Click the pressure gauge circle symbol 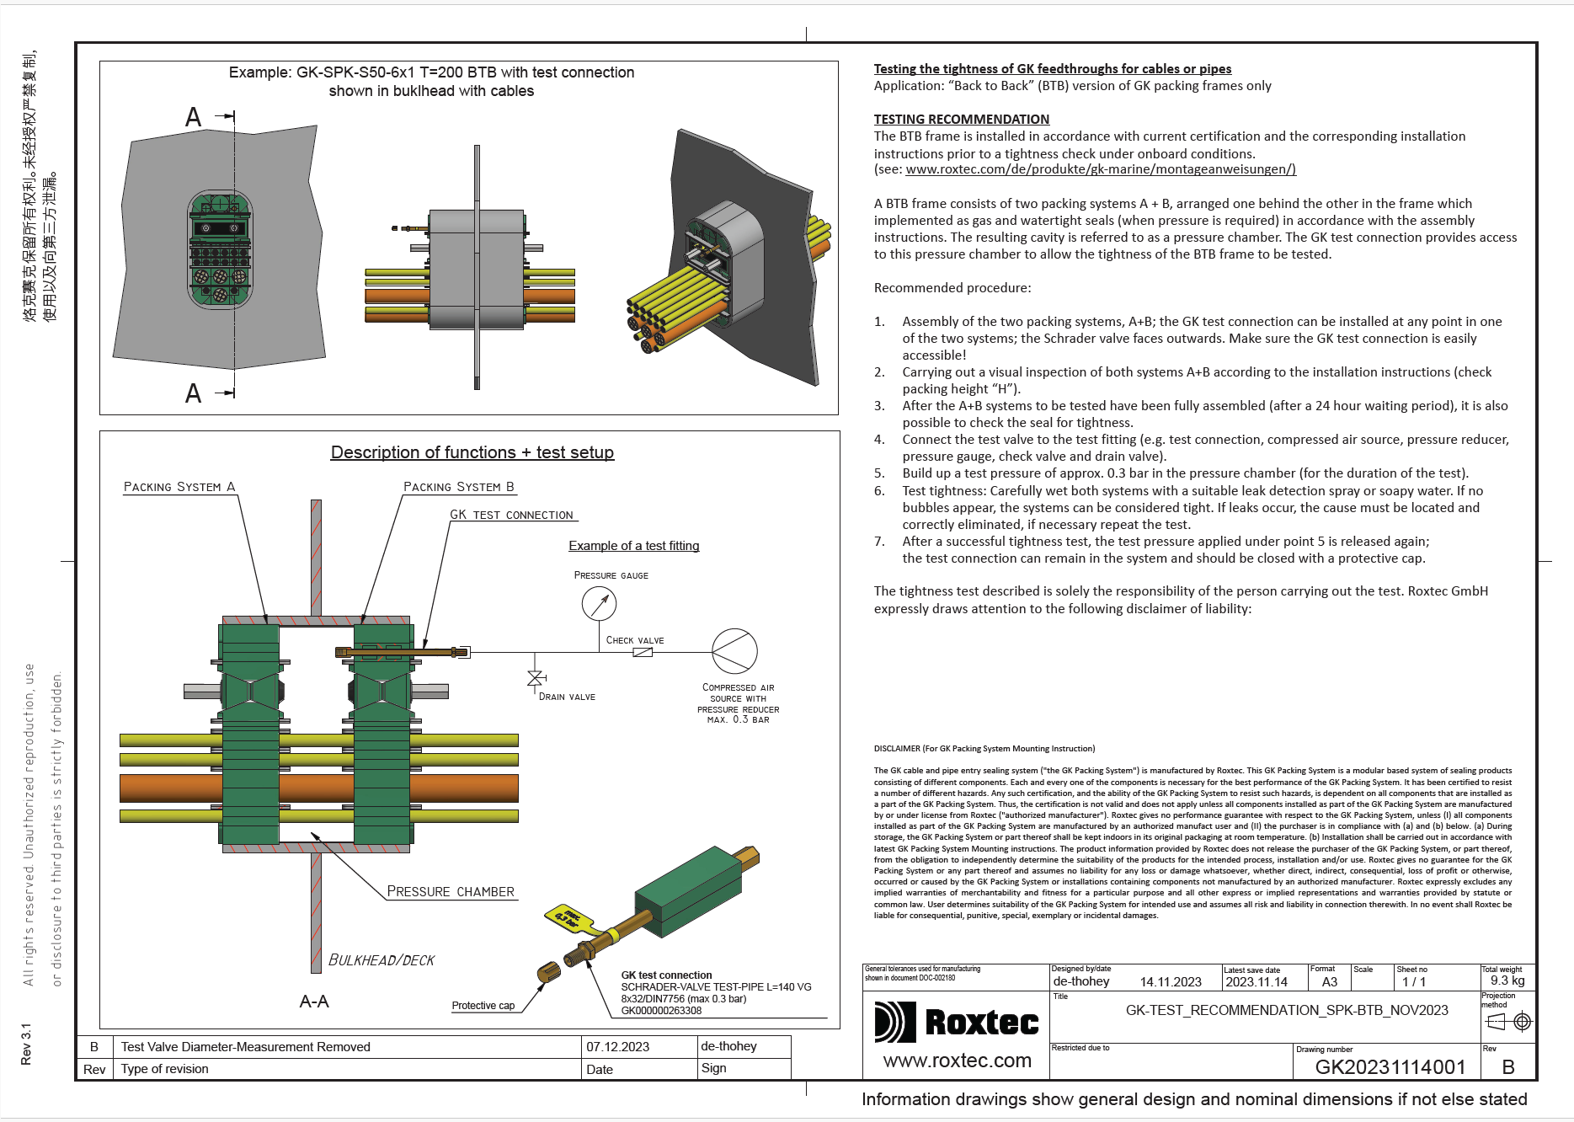click(599, 603)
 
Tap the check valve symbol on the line click(643, 652)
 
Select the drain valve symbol click(535, 678)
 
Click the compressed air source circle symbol click(734, 651)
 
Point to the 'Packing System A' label click(179, 487)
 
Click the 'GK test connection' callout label click(511, 515)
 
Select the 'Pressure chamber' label click(451, 891)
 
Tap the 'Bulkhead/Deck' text click(381, 960)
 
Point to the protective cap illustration click(549, 972)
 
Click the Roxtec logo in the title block click(957, 1022)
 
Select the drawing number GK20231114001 click(1390, 1067)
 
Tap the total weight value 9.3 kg click(1507, 980)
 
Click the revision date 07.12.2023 click(617, 1047)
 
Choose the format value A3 click(1330, 981)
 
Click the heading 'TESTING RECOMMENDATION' click(961, 120)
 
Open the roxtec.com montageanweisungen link click(1100, 169)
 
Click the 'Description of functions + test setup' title click(472, 452)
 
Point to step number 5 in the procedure click(879, 473)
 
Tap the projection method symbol click(1508, 1022)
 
